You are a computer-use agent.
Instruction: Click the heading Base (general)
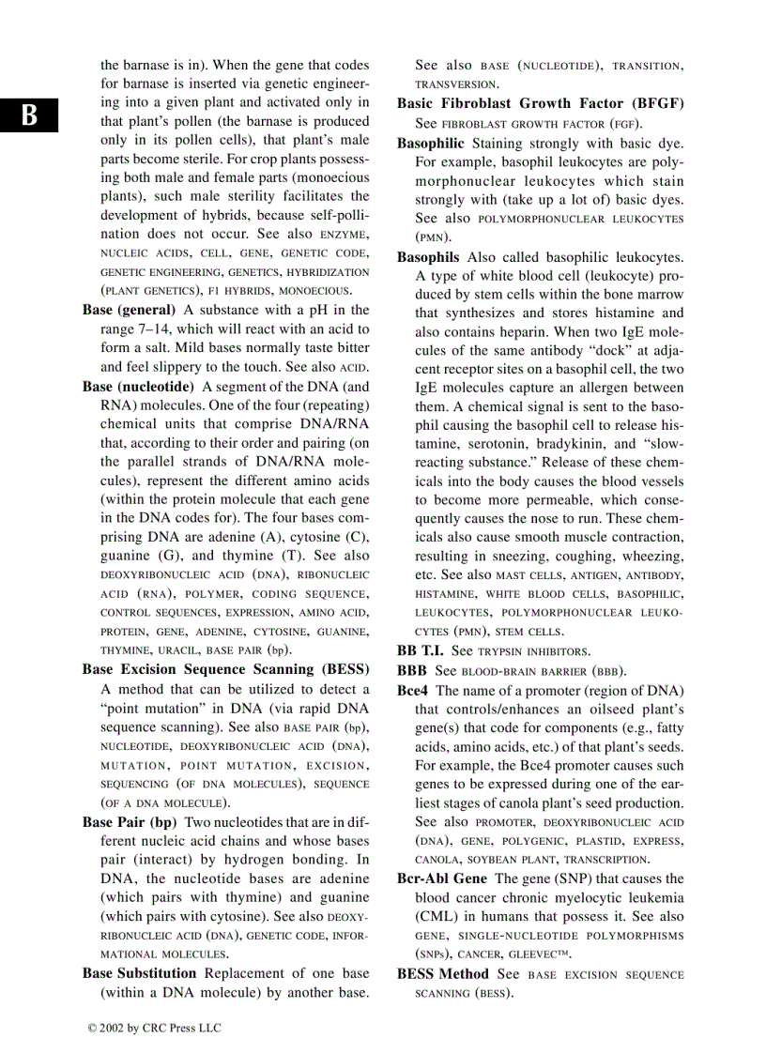pyautogui.click(x=129, y=310)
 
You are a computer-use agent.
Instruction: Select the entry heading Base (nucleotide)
pyautogui.click(x=138, y=387)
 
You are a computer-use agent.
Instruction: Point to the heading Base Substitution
pyautogui.click(x=139, y=973)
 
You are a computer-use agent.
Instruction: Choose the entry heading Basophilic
pyautogui.click(x=430, y=144)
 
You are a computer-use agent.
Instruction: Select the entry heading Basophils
pyautogui.click(x=428, y=257)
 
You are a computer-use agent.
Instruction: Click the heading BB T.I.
pyautogui.click(x=421, y=650)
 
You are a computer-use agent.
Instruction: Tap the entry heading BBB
pyautogui.click(x=412, y=671)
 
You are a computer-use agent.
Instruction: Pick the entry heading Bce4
pyautogui.click(x=412, y=691)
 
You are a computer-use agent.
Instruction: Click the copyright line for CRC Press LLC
pyautogui.click(x=154, y=1028)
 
